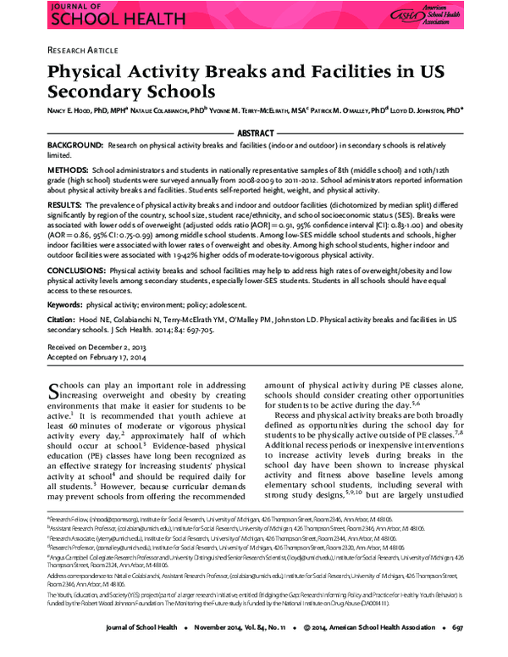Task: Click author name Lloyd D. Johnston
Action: [x=428, y=109]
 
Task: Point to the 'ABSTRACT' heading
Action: [x=254, y=134]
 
